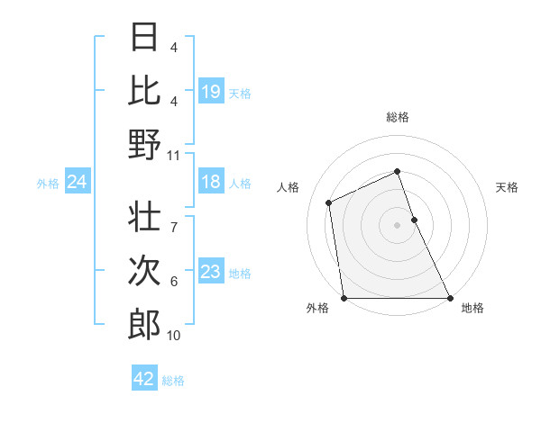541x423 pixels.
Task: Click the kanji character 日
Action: coord(145,37)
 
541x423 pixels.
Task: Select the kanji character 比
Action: coord(145,90)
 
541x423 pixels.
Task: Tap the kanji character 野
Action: coord(145,143)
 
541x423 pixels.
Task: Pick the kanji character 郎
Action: coord(145,323)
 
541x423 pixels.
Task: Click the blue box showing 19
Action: coord(211,91)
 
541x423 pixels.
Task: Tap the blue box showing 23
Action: coord(211,272)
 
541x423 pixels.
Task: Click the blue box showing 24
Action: coord(77,183)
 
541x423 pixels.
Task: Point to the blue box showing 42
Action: coord(144,379)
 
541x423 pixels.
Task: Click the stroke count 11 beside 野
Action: coord(174,154)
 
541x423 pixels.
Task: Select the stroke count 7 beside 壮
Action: coord(174,218)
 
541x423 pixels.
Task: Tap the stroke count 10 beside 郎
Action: coord(174,336)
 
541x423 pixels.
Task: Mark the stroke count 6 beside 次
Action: coord(174,282)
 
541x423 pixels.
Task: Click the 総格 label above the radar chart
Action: coord(398,117)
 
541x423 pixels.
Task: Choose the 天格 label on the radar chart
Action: coord(508,187)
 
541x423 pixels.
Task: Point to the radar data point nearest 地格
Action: coord(450,298)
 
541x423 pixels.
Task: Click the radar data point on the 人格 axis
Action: coord(329,202)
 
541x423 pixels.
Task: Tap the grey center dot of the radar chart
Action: coord(398,225)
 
